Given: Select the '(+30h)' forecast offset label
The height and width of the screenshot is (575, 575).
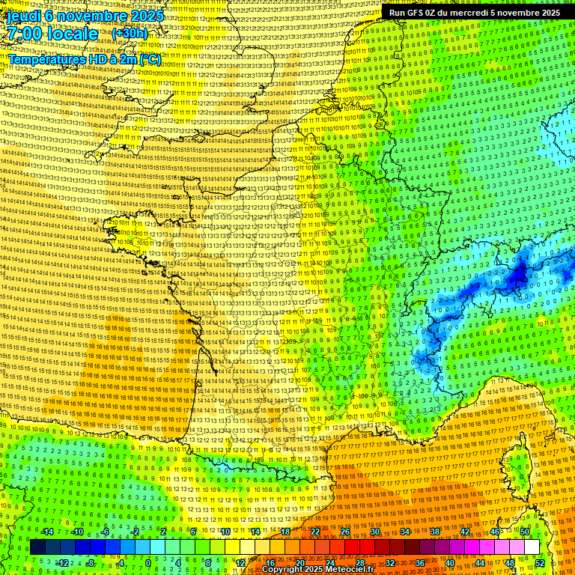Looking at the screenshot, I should click(x=130, y=34).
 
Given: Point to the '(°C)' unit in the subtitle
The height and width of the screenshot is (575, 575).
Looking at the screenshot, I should click(x=150, y=59).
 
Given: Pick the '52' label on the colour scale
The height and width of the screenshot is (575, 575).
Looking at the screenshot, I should click(x=540, y=563).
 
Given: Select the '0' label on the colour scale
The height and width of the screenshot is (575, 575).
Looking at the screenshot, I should click(x=148, y=563).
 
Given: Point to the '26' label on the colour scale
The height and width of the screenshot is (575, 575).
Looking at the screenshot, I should click(x=345, y=532).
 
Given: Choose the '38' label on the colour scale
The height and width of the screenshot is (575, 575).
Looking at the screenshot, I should click(x=434, y=532).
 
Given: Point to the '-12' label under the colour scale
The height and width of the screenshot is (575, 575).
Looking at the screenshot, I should click(x=63, y=563).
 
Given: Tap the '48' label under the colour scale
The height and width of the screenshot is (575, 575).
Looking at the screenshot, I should click(x=510, y=563).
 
